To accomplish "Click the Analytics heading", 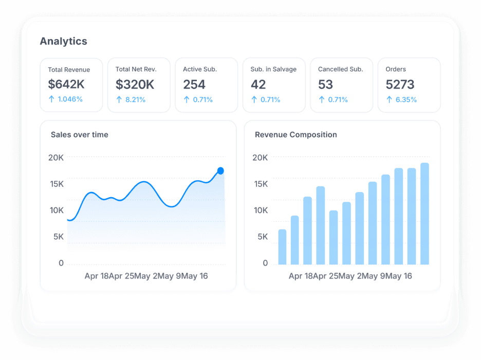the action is tap(64, 41).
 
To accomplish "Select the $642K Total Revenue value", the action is tap(66, 84).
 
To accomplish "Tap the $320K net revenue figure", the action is tap(135, 85).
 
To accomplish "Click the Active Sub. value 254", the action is tap(194, 85).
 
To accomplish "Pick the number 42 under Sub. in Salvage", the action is tap(258, 85).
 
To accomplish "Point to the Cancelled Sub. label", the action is tap(341, 69).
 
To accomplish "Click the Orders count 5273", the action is tap(400, 85).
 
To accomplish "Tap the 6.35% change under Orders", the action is tap(406, 100).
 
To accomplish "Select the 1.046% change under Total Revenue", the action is tap(70, 99).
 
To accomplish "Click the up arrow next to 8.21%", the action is tap(119, 100).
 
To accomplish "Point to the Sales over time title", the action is tap(80, 135).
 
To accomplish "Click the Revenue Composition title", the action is tap(296, 135).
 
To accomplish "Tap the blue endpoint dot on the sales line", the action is tap(220, 170).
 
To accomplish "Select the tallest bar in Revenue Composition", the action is tap(424, 214).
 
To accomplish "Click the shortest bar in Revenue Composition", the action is tap(282, 247).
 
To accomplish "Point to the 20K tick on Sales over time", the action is tap(56, 158).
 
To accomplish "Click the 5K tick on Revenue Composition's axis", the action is tap(263, 237).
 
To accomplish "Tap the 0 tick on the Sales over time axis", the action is tap(61, 263).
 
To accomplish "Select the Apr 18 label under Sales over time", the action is tap(97, 276).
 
